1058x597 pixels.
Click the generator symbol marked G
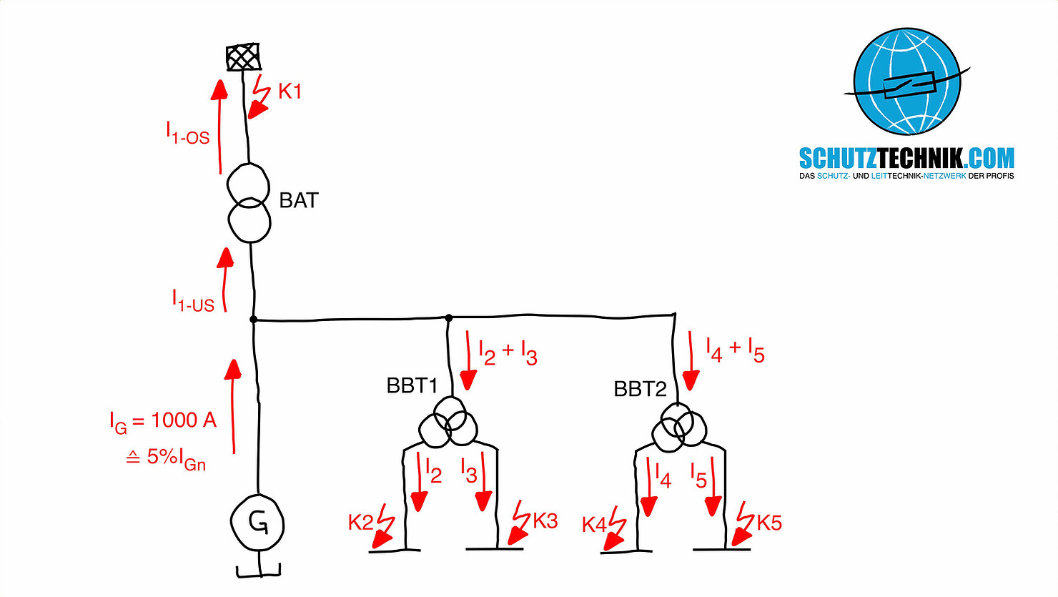(257, 523)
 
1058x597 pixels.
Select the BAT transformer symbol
(249, 203)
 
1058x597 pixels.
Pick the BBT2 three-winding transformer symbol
(679, 428)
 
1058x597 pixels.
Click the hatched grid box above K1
(243, 58)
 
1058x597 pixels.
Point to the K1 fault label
(290, 92)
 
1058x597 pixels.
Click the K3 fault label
(545, 520)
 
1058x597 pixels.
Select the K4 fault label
(593, 526)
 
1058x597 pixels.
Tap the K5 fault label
(769, 523)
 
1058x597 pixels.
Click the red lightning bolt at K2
(385, 526)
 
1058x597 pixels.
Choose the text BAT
(299, 200)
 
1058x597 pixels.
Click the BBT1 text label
(412, 385)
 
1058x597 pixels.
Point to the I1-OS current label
(188, 134)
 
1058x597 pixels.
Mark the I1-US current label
(193, 300)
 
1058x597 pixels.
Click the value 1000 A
(184, 420)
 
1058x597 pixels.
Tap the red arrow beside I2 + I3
(468, 360)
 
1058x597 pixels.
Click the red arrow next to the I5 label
(713, 486)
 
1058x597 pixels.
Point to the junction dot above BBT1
(449, 317)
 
